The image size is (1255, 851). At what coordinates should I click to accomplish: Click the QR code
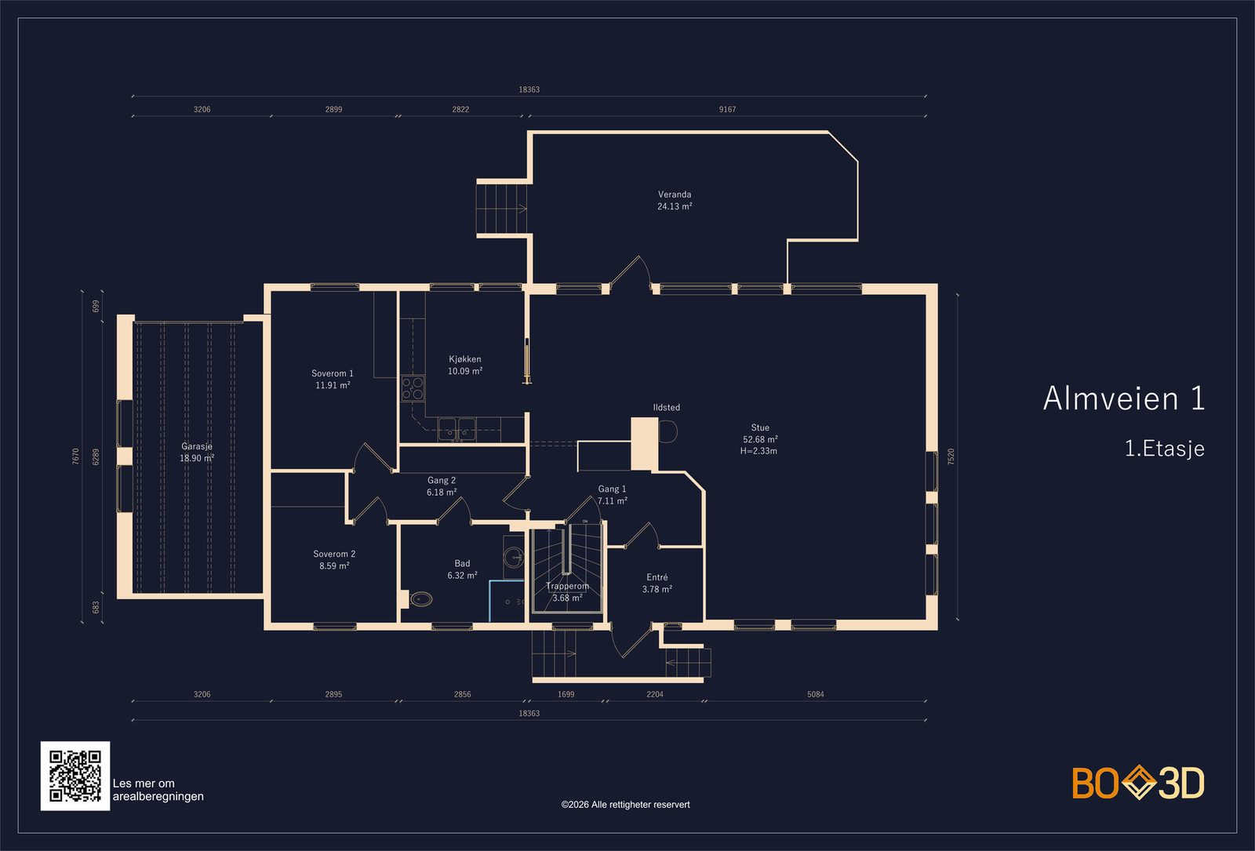(x=75, y=776)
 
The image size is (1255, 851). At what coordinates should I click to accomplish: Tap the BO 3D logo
(x=1138, y=782)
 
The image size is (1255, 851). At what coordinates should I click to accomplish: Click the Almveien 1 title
(x=1123, y=398)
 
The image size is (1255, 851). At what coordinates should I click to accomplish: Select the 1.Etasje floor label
(x=1164, y=448)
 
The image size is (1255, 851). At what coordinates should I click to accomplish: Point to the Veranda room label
(x=675, y=195)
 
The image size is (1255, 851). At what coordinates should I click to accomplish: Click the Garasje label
(x=197, y=446)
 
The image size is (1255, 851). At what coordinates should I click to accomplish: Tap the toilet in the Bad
(x=420, y=599)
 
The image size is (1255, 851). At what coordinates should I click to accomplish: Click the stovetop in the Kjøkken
(x=413, y=388)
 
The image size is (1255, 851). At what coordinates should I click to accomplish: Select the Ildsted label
(x=666, y=407)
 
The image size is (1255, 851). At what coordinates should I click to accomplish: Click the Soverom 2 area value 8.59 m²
(x=334, y=566)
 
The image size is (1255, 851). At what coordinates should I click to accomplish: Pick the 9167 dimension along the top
(x=727, y=109)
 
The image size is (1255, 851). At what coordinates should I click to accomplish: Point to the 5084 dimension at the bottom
(x=815, y=694)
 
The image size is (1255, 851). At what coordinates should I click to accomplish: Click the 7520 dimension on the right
(x=951, y=456)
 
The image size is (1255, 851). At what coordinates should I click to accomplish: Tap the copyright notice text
(x=625, y=805)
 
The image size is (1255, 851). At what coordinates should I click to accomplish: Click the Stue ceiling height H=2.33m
(x=758, y=451)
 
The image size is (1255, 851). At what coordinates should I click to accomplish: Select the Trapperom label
(x=568, y=586)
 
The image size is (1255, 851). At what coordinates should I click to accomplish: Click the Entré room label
(x=657, y=577)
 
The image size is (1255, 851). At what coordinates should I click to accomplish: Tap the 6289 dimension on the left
(x=96, y=456)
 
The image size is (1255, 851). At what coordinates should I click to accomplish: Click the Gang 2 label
(x=442, y=480)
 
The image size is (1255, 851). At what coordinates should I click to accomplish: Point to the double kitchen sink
(x=457, y=430)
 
